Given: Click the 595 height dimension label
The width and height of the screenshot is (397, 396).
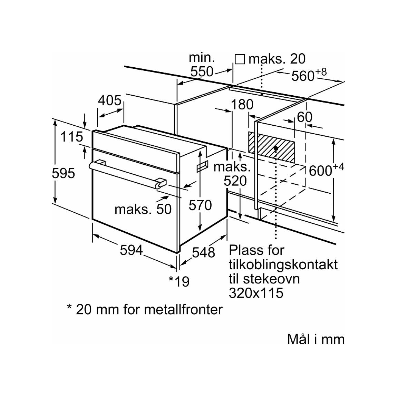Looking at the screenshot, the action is point(63,173).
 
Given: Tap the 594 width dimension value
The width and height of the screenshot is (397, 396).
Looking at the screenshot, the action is point(132,250).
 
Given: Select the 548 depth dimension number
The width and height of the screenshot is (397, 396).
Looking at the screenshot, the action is point(204,252).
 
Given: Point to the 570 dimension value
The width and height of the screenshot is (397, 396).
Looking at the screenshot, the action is point(200,205).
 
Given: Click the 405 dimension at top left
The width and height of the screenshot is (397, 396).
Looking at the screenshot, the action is point(110,100).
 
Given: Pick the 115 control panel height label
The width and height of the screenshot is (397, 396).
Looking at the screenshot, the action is point(72,137).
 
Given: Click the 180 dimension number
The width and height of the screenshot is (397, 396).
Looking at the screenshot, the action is point(242,104).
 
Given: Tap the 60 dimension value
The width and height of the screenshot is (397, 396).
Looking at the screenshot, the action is point(304,117).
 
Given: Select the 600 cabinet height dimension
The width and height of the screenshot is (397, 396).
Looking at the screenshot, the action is point(326,170).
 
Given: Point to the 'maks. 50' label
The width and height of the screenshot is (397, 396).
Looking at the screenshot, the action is point(143,210).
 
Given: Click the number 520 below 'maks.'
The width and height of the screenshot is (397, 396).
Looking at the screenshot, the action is point(235,181).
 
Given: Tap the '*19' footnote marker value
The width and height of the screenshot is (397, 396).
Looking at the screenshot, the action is point(179,281).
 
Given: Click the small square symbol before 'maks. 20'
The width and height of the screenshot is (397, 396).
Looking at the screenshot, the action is point(240,59).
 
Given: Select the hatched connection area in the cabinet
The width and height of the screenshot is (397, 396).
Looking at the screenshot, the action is point(271,147).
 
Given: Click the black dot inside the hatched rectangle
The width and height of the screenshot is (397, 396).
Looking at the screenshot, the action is point(276,148).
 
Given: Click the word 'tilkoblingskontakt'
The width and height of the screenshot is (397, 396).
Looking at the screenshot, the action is point(283,265).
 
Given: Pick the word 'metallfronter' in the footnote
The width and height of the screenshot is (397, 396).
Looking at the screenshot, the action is point(184,309).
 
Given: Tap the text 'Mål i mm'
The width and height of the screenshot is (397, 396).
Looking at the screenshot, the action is point(316,339).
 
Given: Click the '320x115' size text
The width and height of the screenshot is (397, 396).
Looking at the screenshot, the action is point(256,293).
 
